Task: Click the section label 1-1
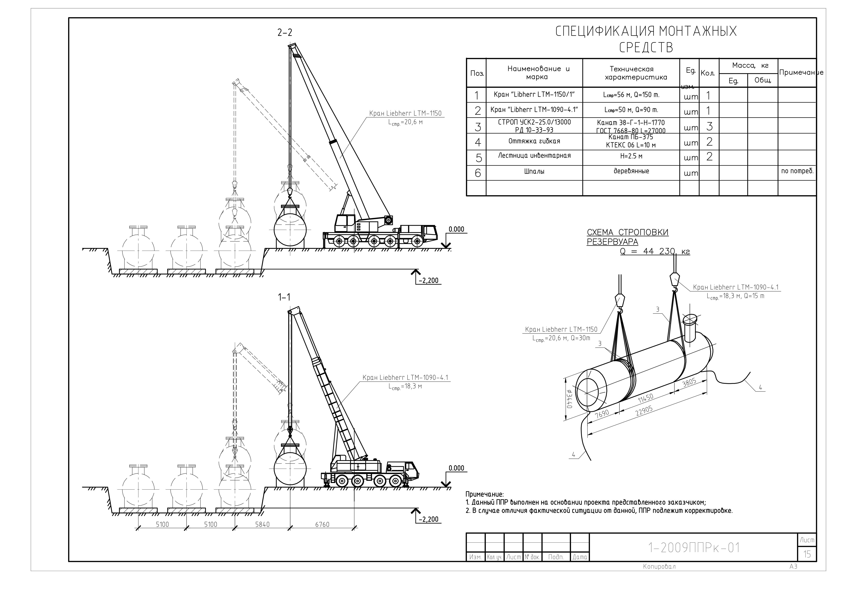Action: [x=284, y=297]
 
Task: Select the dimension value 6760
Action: [x=322, y=525]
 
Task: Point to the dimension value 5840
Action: [x=262, y=525]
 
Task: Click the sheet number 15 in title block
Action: [x=807, y=554]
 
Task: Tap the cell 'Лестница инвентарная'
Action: [x=534, y=156]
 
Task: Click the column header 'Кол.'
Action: [x=708, y=73]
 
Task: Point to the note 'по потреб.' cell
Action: [x=797, y=171]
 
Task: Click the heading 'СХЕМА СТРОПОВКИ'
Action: [x=627, y=233]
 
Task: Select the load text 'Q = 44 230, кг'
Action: [x=655, y=252]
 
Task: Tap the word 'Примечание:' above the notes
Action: [x=485, y=494]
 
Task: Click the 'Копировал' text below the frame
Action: [x=659, y=567]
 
